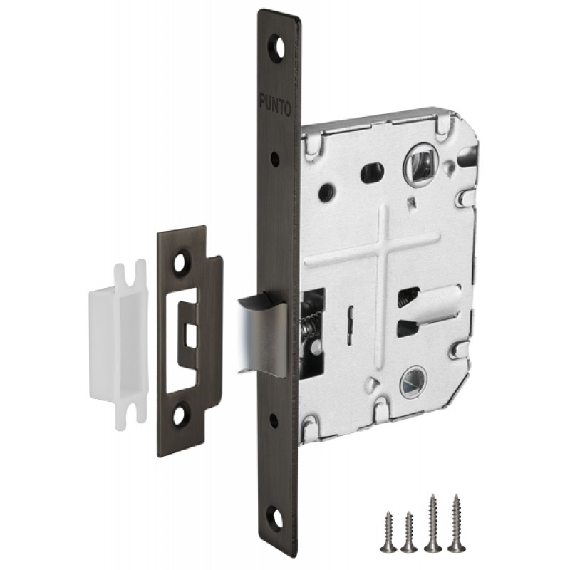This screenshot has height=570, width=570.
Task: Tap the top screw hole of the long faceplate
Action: click(278, 47)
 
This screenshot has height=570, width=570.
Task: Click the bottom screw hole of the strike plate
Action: click(179, 416)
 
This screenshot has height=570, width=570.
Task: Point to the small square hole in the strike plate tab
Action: click(190, 333)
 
